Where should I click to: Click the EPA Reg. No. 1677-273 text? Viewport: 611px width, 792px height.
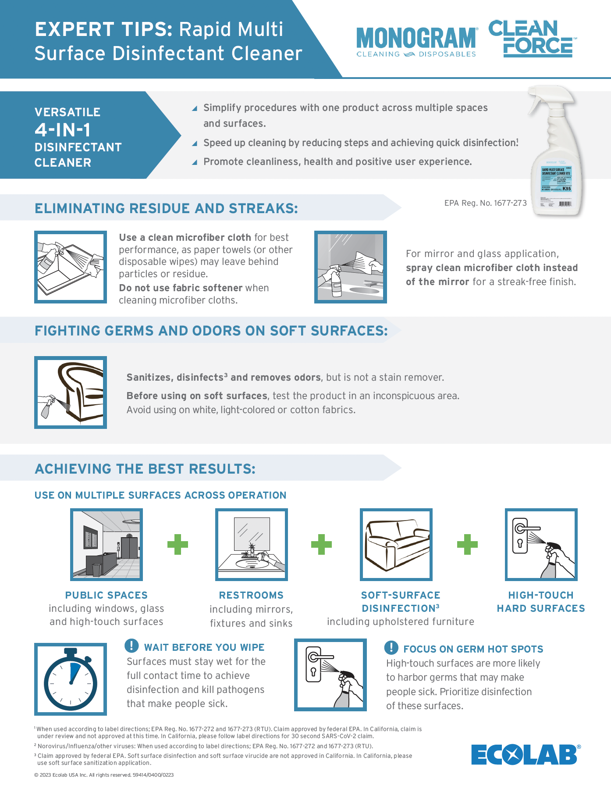(x=485, y=203)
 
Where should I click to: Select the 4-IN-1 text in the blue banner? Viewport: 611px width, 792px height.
(x=63, y=130)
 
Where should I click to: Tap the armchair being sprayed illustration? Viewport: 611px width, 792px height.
(x=71, y=392)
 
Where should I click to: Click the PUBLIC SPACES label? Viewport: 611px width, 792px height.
(x=107, y=595)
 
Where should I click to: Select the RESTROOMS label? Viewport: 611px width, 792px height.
(x=251, y=595)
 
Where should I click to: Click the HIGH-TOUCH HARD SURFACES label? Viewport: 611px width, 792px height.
(x=541, y=602)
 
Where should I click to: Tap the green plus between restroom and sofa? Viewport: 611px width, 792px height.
(x=321, y=544)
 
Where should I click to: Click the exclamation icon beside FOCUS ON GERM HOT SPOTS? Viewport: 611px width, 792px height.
(x=391, y=647)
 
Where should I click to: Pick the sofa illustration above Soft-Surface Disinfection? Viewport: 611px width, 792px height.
(x=396, y=544)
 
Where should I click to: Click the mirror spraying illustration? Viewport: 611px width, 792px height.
(x=351, y=267)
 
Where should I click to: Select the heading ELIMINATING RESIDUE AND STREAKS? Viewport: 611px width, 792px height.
(x=166, y=208)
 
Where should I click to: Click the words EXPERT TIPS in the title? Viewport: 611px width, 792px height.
(x=103, y=29)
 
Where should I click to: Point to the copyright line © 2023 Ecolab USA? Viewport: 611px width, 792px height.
(x=104, y=775)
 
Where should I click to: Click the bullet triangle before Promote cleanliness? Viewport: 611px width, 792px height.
(x=195, y=162)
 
